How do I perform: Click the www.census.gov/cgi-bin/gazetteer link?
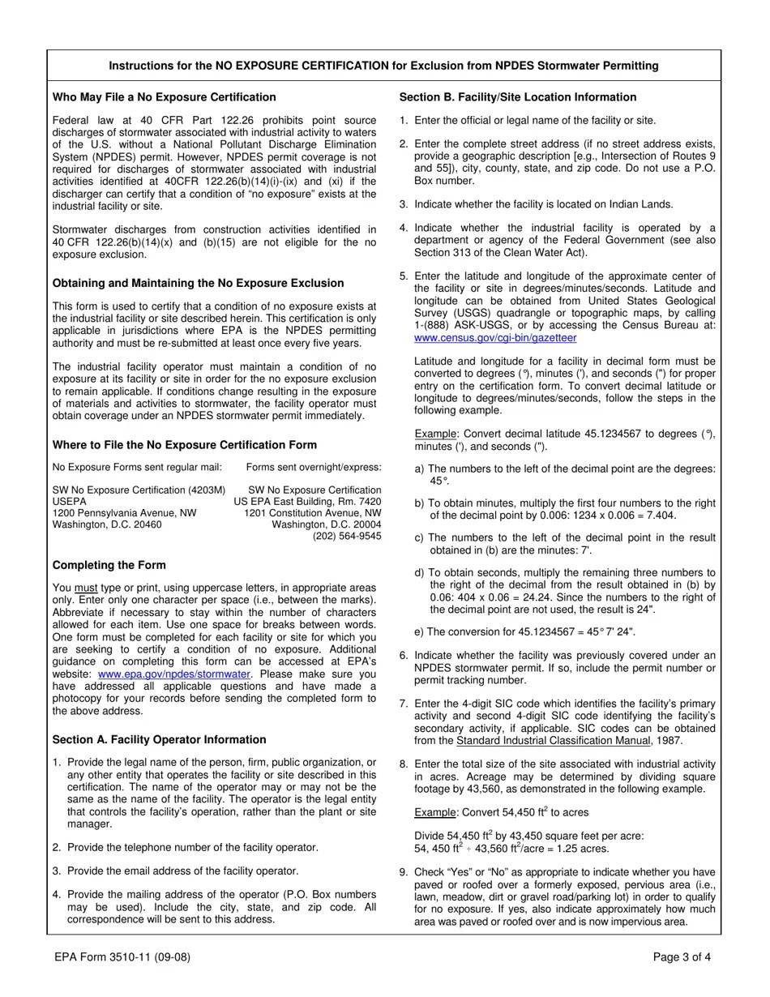tap(495, 337)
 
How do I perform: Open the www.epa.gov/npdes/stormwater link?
tap(173, 674)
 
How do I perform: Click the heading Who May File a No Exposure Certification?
tap(165, 97)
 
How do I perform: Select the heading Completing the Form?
tap(109, 565)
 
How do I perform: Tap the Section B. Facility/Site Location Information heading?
tap(518, 97)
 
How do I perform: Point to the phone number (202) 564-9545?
tap(347, 536)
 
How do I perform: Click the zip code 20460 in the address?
tap(146, 524)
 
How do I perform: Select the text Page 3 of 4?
tap(682, 956)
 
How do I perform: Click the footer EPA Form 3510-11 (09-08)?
tap(122, 956)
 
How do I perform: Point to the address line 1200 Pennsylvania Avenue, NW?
tap(124, 513)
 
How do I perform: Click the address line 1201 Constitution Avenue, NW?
tap(312, 513)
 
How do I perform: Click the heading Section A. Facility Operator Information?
tap(159, 739)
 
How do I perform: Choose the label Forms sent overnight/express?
tap(314, 467)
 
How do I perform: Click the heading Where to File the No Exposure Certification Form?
tap(185, 445)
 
